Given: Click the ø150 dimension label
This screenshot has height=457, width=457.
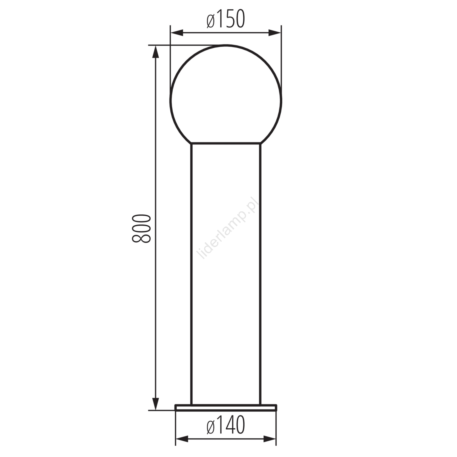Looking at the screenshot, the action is click(x=226, y=19).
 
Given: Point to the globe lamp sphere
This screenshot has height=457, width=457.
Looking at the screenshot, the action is click(x=226, y=94).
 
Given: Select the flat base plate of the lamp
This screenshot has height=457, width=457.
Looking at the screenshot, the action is click(x=226, y=408).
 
